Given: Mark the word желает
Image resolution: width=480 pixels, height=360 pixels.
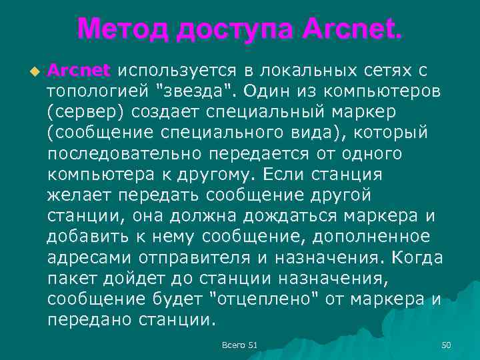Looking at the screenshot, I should [81, 195].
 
